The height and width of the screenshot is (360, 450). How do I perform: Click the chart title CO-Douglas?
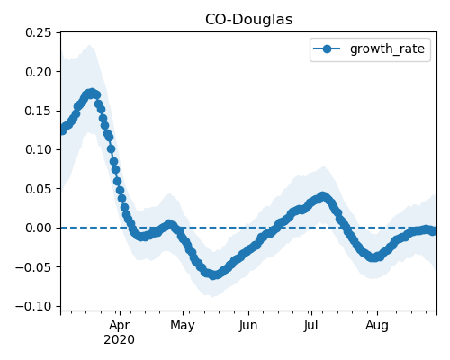248,20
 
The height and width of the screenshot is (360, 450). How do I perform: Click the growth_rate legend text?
387,49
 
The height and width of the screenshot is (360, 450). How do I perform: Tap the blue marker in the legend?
327,49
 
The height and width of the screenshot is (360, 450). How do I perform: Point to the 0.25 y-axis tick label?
39,32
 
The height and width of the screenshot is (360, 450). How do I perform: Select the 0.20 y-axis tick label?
39,72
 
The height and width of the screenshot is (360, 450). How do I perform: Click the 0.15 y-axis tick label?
39,111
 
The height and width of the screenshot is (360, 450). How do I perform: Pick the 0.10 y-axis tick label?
39,149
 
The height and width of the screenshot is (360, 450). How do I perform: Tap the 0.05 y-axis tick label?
39,189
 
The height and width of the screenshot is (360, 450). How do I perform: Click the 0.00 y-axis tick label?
39,228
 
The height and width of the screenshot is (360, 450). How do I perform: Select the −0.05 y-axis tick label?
33,267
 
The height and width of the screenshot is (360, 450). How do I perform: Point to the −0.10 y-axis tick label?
33,306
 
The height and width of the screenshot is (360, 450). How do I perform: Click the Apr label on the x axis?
120,326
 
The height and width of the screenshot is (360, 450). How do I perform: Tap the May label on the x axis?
183,326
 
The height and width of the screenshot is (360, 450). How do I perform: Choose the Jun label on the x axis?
248,326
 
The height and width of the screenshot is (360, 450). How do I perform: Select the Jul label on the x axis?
310,326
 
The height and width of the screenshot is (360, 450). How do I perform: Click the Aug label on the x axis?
377,326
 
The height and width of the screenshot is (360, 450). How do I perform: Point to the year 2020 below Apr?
120,340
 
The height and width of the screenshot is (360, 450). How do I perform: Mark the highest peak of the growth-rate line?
92,93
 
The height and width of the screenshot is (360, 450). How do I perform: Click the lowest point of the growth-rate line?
213,275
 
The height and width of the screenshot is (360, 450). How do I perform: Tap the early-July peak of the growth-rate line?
322,196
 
